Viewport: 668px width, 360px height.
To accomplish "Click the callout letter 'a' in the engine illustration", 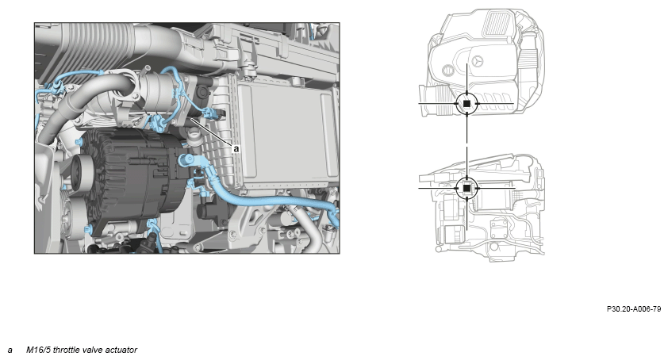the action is [236, 149].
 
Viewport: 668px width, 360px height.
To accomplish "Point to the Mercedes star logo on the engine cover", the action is [477, 61].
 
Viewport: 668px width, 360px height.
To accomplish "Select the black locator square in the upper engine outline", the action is [467, 104].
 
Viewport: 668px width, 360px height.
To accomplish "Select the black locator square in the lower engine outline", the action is [467, 188].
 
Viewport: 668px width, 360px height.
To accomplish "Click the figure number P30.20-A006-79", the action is [634, 309].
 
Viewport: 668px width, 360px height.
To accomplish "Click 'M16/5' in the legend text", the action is [38, 350].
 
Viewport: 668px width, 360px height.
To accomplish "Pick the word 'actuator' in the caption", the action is [121, 350].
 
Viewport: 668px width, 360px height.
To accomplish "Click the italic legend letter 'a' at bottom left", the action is [10, 350].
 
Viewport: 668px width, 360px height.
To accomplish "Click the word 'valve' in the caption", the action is [93, 350].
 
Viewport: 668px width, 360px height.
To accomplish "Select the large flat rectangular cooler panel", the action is [286, 133].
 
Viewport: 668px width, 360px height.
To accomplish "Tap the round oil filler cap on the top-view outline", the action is [447, 70].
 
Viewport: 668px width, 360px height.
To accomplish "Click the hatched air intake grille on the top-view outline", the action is [497, 24].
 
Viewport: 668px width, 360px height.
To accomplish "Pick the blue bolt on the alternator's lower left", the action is [88, 230].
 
